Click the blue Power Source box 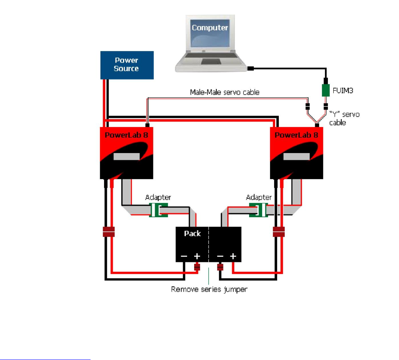126,64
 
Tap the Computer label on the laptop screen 210,28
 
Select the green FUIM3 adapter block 326,90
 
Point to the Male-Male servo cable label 225,92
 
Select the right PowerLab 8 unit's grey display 297,157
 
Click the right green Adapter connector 259,210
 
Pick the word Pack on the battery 192,233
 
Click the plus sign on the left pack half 197,256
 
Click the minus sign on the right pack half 220,256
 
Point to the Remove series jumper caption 209,289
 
